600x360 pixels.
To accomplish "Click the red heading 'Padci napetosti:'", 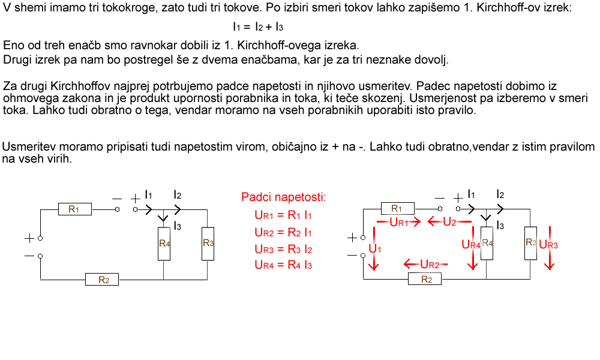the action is click(x=284, y=197).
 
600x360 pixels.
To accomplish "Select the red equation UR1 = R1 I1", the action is click(x=283, y=215).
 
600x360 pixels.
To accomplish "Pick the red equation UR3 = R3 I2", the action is click(x=284, y=249).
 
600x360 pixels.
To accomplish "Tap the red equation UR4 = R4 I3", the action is click(x=284, y=265).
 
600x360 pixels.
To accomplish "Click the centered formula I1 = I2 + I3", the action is click(x=258, y=27).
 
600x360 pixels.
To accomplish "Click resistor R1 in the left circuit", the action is click(x=75, y=209).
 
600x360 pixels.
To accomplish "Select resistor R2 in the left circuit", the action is click(x=102, y=280).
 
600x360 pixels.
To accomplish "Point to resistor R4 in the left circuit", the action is click(x=164, y=244).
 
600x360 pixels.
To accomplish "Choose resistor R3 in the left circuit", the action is click(x=208, y=244).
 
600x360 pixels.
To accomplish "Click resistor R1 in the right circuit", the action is click(x=398, y=209).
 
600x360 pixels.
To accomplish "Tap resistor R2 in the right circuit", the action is click(x=425, y=279).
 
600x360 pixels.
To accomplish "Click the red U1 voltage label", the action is click(x=375, y=249).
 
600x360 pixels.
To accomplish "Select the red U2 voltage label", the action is click(x=449, y=222).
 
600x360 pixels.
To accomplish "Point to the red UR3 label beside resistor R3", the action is click(x=548, y=245).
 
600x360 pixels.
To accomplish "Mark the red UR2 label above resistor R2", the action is click(x=430, y=264).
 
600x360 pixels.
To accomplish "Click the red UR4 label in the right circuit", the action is click(x=470, y=244).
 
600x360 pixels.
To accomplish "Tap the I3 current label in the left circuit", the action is click(x=177, y=226).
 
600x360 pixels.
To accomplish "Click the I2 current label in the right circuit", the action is click(x=500, y=194).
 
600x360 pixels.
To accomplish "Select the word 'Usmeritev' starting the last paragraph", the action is click(x=29, y=147).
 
